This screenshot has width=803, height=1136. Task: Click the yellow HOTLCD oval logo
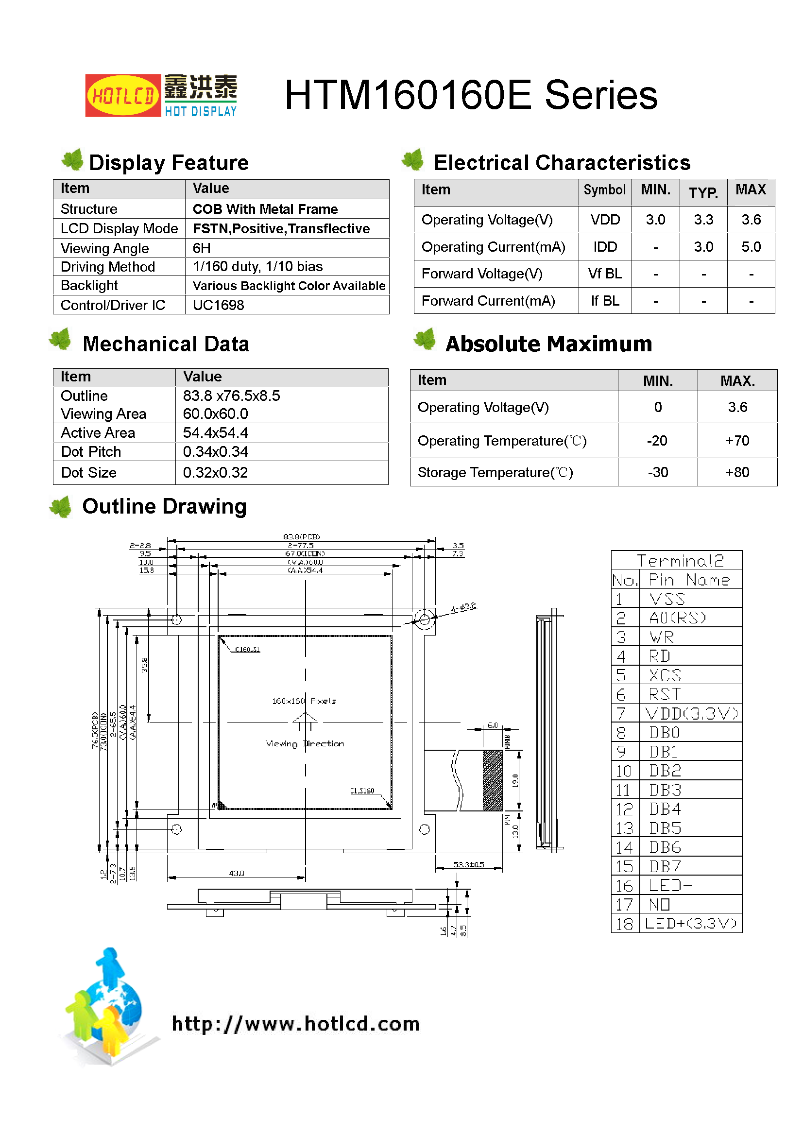123,96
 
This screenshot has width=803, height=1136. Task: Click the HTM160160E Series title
471,95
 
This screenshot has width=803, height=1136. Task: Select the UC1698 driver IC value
218,305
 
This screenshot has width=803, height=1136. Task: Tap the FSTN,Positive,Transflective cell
281,228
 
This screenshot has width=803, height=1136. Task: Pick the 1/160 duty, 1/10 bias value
257,267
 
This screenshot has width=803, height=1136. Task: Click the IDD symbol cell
605,247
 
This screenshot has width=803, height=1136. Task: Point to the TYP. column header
703,192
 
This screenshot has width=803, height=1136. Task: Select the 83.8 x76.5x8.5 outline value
231,396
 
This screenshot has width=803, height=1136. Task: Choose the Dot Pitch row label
91,452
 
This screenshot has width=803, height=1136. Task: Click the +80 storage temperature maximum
737,472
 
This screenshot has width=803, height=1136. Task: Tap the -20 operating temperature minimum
657,441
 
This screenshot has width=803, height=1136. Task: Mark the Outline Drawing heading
164,507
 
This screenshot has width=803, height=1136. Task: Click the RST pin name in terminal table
665,695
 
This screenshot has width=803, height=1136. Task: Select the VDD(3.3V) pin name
691,713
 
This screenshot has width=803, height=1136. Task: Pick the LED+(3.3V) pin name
691,923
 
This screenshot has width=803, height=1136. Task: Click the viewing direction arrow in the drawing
305,722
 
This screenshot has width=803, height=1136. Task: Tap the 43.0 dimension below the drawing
237,873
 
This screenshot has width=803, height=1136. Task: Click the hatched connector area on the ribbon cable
492,781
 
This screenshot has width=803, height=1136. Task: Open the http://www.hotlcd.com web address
295,1024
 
